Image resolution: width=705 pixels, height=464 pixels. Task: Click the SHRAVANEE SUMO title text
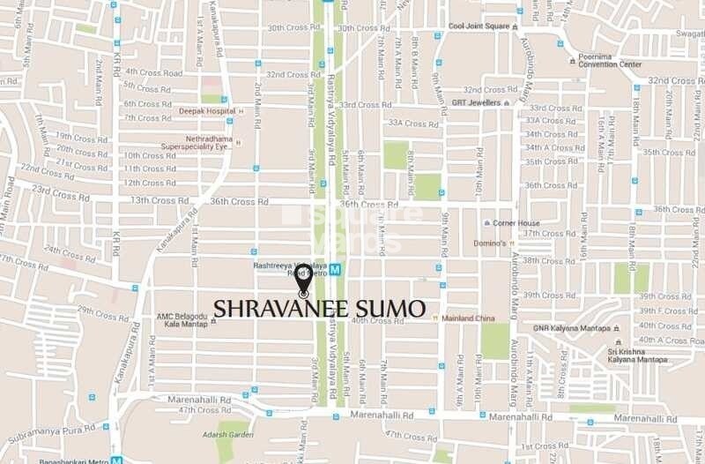[x=319, y=309]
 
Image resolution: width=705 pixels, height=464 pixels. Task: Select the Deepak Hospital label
[x=207, y=111]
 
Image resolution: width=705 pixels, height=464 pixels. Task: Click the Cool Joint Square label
[x=479, y=26]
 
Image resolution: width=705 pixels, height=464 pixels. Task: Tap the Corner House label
[x=516, y=223]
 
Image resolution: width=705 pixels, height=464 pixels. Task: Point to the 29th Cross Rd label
[x=103, y=311]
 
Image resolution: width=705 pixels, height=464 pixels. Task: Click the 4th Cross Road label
[x=152, y=72]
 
